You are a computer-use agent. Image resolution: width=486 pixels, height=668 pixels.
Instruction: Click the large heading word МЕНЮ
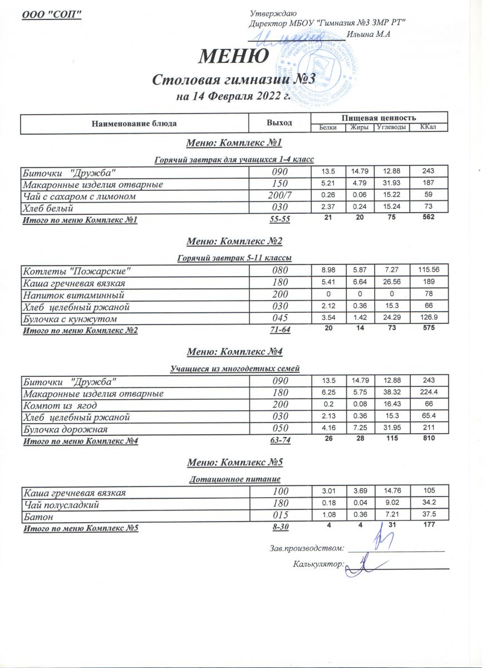(234, 56)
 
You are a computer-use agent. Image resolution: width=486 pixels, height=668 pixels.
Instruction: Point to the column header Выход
(279, 122)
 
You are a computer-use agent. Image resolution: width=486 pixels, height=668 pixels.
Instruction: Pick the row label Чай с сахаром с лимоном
(79, 197)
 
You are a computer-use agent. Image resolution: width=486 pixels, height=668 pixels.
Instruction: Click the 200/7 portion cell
(279, 197)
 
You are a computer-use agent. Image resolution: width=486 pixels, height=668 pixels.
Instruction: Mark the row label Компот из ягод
(62, 406)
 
